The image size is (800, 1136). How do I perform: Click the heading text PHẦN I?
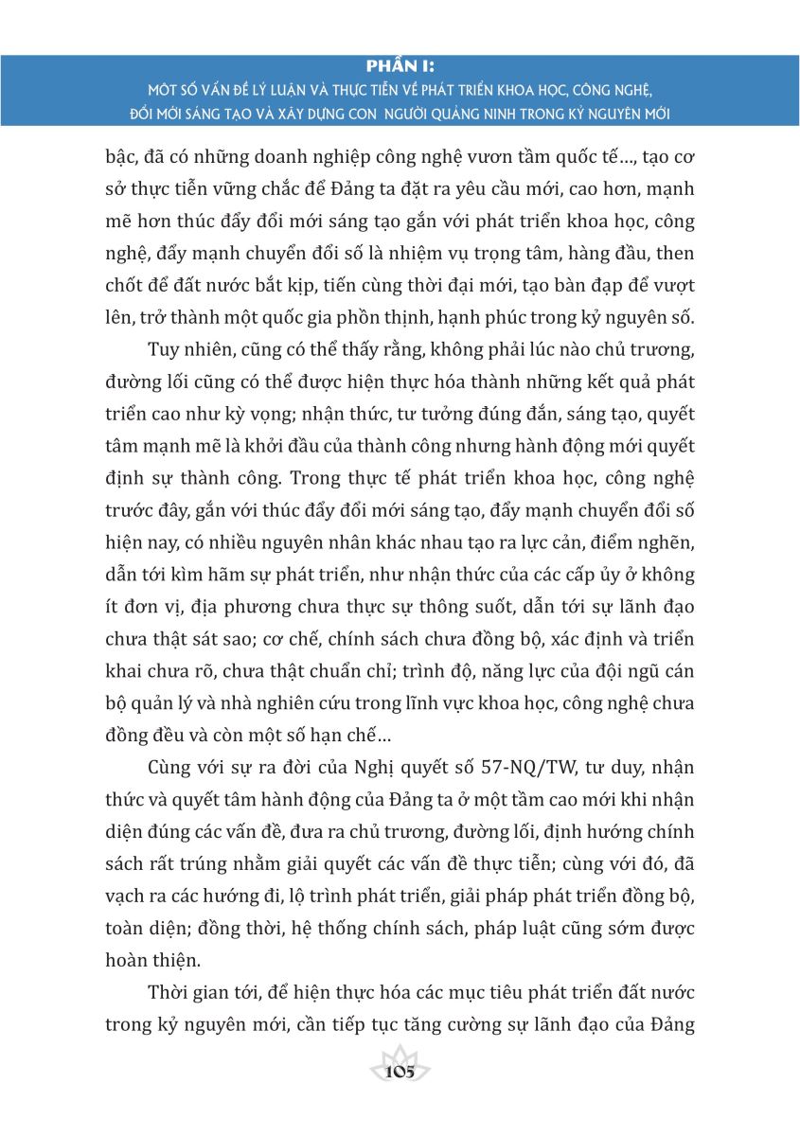click(400, 66)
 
